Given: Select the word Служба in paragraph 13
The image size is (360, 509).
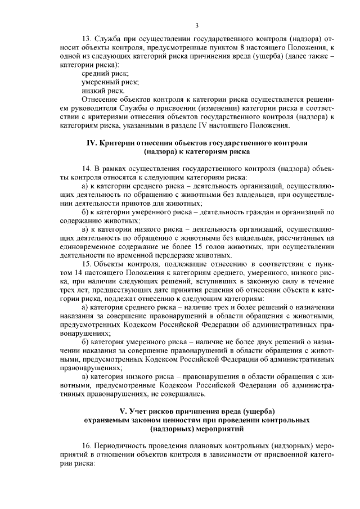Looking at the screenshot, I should [110, 39].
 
